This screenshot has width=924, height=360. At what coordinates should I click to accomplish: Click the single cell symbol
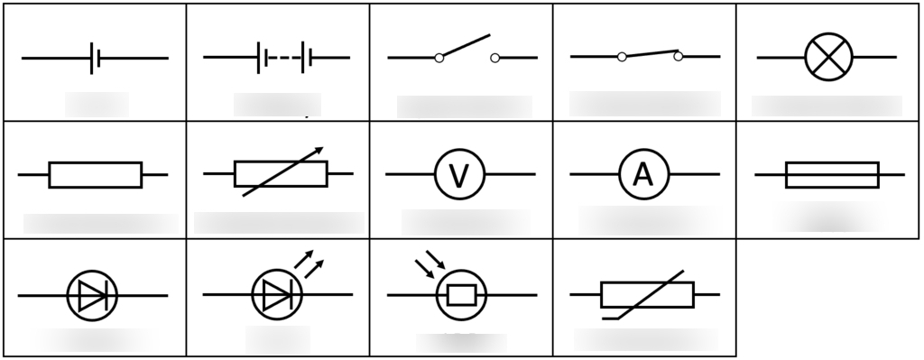95,59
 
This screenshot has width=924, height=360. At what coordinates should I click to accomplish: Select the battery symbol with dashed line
277,58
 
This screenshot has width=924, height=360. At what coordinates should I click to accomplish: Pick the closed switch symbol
650,55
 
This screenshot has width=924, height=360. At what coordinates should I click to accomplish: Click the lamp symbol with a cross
827,58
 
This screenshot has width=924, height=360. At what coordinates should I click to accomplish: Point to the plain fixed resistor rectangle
95,174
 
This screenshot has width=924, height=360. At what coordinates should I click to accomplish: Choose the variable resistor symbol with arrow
280,172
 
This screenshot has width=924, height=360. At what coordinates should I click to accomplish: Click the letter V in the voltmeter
459,175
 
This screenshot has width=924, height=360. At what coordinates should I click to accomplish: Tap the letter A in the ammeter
642,174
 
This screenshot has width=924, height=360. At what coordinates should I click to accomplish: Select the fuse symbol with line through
832,174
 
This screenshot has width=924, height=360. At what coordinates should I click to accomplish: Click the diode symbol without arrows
92,295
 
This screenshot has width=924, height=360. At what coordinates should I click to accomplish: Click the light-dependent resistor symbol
461,294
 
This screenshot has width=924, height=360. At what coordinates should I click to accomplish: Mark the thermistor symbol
646,294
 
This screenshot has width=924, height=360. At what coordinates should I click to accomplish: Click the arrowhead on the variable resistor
317,152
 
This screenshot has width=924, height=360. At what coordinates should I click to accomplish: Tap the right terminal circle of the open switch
494,59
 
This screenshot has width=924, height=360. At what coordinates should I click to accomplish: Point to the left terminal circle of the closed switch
622,57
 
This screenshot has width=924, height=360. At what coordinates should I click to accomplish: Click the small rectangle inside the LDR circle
462,295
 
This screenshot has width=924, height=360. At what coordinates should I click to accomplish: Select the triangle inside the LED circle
272,295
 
